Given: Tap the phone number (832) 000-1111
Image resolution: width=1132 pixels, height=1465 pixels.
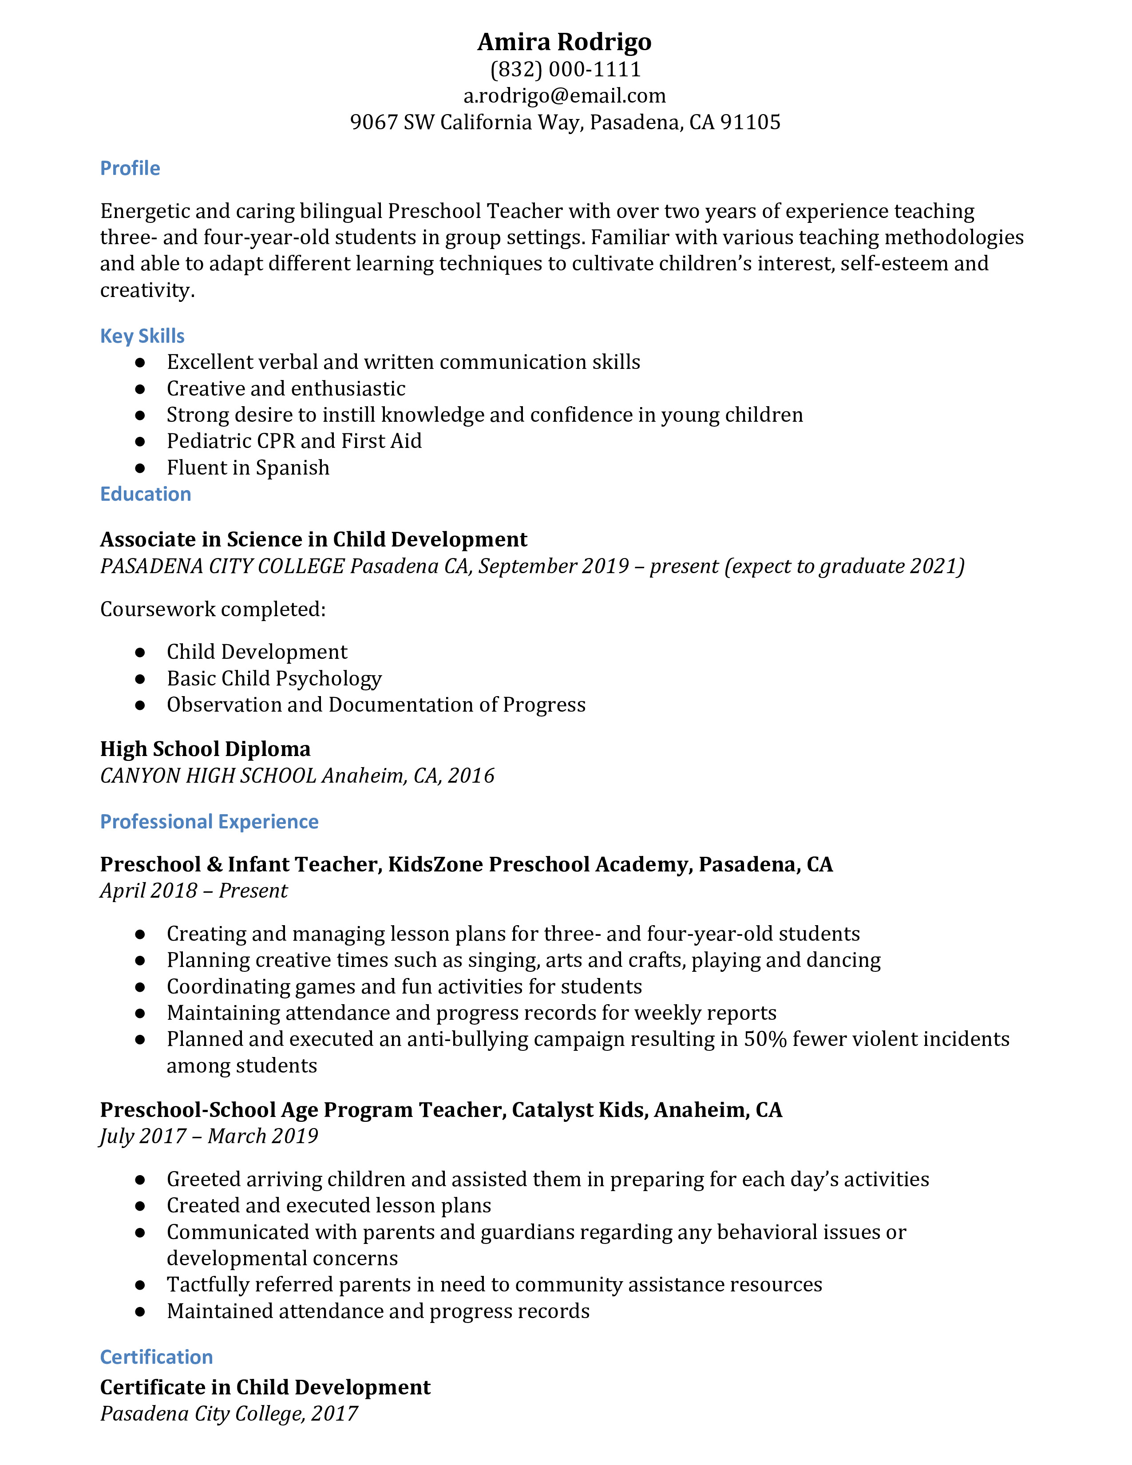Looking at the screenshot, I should [x=565, y=69].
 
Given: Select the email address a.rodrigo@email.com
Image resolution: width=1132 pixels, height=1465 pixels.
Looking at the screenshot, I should [x=565, y=96].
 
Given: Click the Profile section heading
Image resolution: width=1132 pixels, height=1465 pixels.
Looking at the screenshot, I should [x=130, y=168].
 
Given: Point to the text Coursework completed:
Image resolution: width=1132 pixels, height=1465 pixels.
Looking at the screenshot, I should [x=213, y=609].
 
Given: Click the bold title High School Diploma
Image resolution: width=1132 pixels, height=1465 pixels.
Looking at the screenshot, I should [x=205, y=748].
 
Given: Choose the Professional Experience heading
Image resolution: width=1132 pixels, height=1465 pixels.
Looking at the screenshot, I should [x=209, y=822].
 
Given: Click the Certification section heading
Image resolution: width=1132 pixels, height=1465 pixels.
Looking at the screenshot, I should [x=156, y=1357].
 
